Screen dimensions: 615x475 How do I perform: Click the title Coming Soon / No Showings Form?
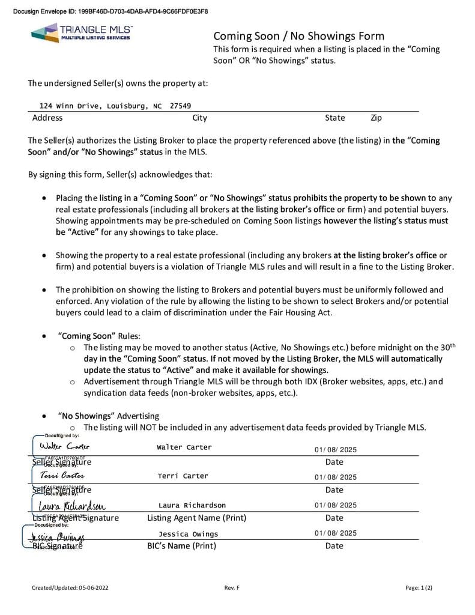(x=298, y=36)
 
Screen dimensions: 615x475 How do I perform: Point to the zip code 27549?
(x=180, y=106)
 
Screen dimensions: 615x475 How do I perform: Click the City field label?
(x=199, y=118)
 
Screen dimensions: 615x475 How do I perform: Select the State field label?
(x=334, y=118)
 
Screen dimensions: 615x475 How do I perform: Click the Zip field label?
(x=376, y=118)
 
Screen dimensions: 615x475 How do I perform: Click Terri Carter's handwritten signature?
(x=62, y=475)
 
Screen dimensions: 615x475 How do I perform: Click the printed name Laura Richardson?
(x=192, y=505)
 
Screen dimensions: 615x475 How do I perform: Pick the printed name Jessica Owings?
(x=189, y=534)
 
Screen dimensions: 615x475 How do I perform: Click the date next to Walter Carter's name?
(x=335, y=450)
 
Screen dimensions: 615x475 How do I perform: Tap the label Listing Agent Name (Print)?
(x=196, y=518)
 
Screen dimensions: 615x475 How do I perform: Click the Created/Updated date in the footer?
(x=70, y=588)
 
